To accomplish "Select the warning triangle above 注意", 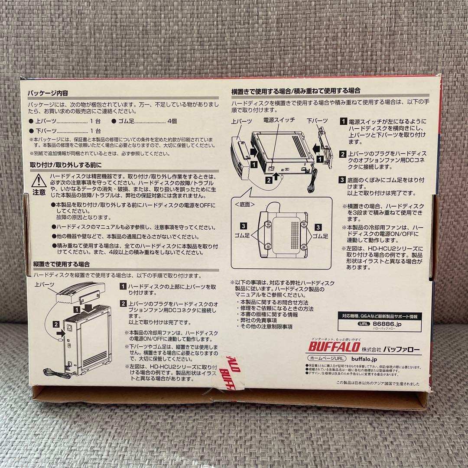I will pos(39,179).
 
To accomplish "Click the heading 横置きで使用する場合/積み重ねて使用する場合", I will pos(296,91).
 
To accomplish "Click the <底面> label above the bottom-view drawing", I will pos(244,204).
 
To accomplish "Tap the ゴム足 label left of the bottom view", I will pos(247,236).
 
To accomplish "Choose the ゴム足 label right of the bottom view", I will pos(320,236).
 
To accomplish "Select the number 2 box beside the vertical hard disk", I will pos(56,323).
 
